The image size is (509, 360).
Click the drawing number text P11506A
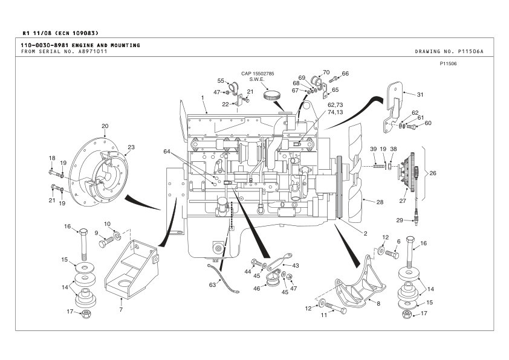click(x=476, y=51)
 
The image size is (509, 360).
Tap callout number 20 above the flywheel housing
click(x=105, y=126)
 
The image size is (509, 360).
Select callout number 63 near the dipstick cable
click(x=212, y=284)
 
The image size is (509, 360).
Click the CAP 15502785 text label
click(x=258, y=73)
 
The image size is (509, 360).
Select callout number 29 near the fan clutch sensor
click(x=400, y=220)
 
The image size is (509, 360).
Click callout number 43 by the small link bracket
click(x=296, y=265)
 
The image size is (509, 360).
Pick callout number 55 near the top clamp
click(x=221, y=80)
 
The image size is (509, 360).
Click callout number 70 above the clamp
click(x=326, y=72)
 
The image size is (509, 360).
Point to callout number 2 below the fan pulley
click(x=365, y=233)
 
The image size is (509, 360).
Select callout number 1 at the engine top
click(x=203, y=97)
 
